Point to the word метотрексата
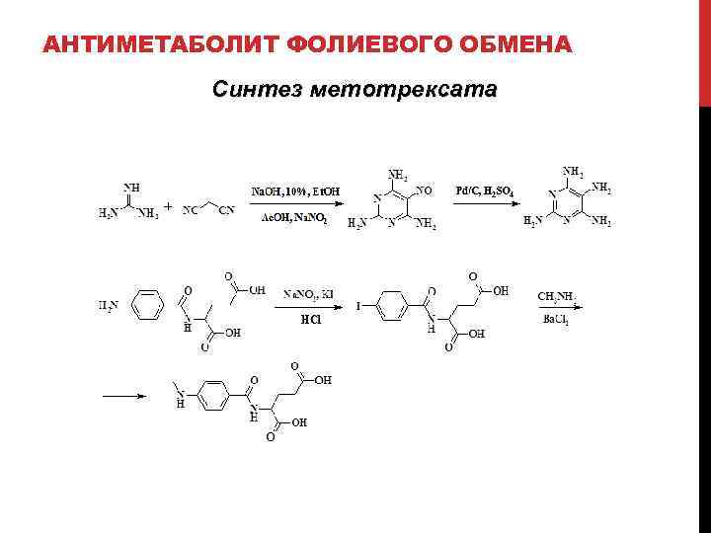click(x=404, y=90)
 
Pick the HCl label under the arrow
click(x=310, y=319)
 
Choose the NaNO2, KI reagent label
click(x=309, y=294)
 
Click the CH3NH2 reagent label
click(x=557, y=295)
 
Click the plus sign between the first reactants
click(x=168, y=207)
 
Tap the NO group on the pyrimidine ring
click(x=426, y=189)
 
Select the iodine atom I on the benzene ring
click(x=358, y=306)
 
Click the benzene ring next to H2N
click(x=147, y=305)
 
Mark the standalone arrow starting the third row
click(x=125, y=397)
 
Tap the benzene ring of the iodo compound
click(x=391, y=306)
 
